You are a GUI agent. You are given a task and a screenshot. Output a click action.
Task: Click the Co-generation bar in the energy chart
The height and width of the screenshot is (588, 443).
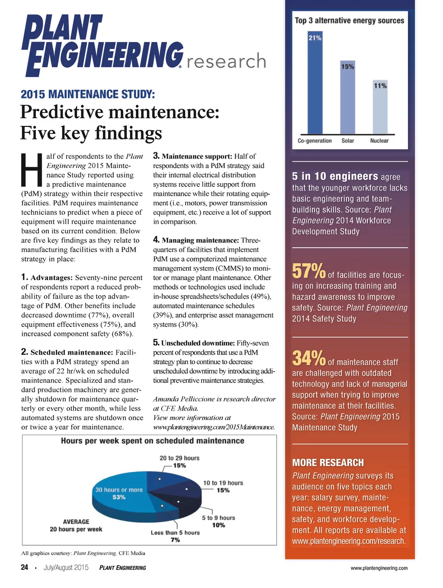pyautogui.click(x=315, y=87)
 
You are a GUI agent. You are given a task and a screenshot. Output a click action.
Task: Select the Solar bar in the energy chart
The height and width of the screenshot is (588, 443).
pyautogui.click(x=348, y=100)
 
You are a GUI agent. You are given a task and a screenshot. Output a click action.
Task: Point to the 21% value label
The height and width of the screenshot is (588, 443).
pyautogui.click(x=315, y=38)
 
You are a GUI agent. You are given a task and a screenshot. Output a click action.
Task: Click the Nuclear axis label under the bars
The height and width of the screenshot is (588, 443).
pyautogui.click(x=379, y=141)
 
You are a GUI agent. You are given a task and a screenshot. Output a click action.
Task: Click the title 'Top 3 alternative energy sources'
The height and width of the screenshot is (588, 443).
pyautogui.click(x=350, y=20)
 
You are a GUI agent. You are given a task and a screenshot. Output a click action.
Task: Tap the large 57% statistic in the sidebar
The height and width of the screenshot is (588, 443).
pyautogui.click(x=308, y=271)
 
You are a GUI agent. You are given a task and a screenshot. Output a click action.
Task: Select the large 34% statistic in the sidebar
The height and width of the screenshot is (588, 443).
pyautogui.click(x=308, y=359)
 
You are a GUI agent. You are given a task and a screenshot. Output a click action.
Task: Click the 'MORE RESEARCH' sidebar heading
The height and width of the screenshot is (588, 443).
pyautogui.click(x=328, y=462)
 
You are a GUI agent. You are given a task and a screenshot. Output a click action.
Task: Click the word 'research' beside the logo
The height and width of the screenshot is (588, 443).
pyautogui.click(x=226, y=61)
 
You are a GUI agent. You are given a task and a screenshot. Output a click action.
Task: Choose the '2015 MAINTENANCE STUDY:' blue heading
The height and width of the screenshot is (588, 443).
pyautogui.click(x=88, y=94)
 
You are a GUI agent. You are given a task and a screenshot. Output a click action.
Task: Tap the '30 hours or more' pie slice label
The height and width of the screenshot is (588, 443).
pyautogui.click(x=119, y=490)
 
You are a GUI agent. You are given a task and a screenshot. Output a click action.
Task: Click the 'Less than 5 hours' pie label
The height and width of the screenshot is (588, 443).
pyautogui.click(x=175, y=533)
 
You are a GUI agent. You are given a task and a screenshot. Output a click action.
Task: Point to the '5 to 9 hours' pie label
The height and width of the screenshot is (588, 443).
pyautogui.click(x=218, y=518)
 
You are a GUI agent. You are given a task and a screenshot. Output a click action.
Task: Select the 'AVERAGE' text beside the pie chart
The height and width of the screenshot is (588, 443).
pyautogui.click(x=76, y=522)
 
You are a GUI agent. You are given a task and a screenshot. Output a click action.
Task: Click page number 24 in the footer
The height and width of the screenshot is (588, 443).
pyautogui.click(x=25, y=567)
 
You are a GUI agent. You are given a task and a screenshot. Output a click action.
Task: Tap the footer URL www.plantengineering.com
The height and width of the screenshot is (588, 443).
pyautogui.click(x=379, y=568)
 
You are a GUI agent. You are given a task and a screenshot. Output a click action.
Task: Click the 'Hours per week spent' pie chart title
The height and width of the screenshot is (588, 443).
pyautogui.click(x=152, y=441)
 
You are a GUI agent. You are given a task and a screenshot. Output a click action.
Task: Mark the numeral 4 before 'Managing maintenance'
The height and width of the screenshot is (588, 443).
pyautogui.click(x=156, y=239)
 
